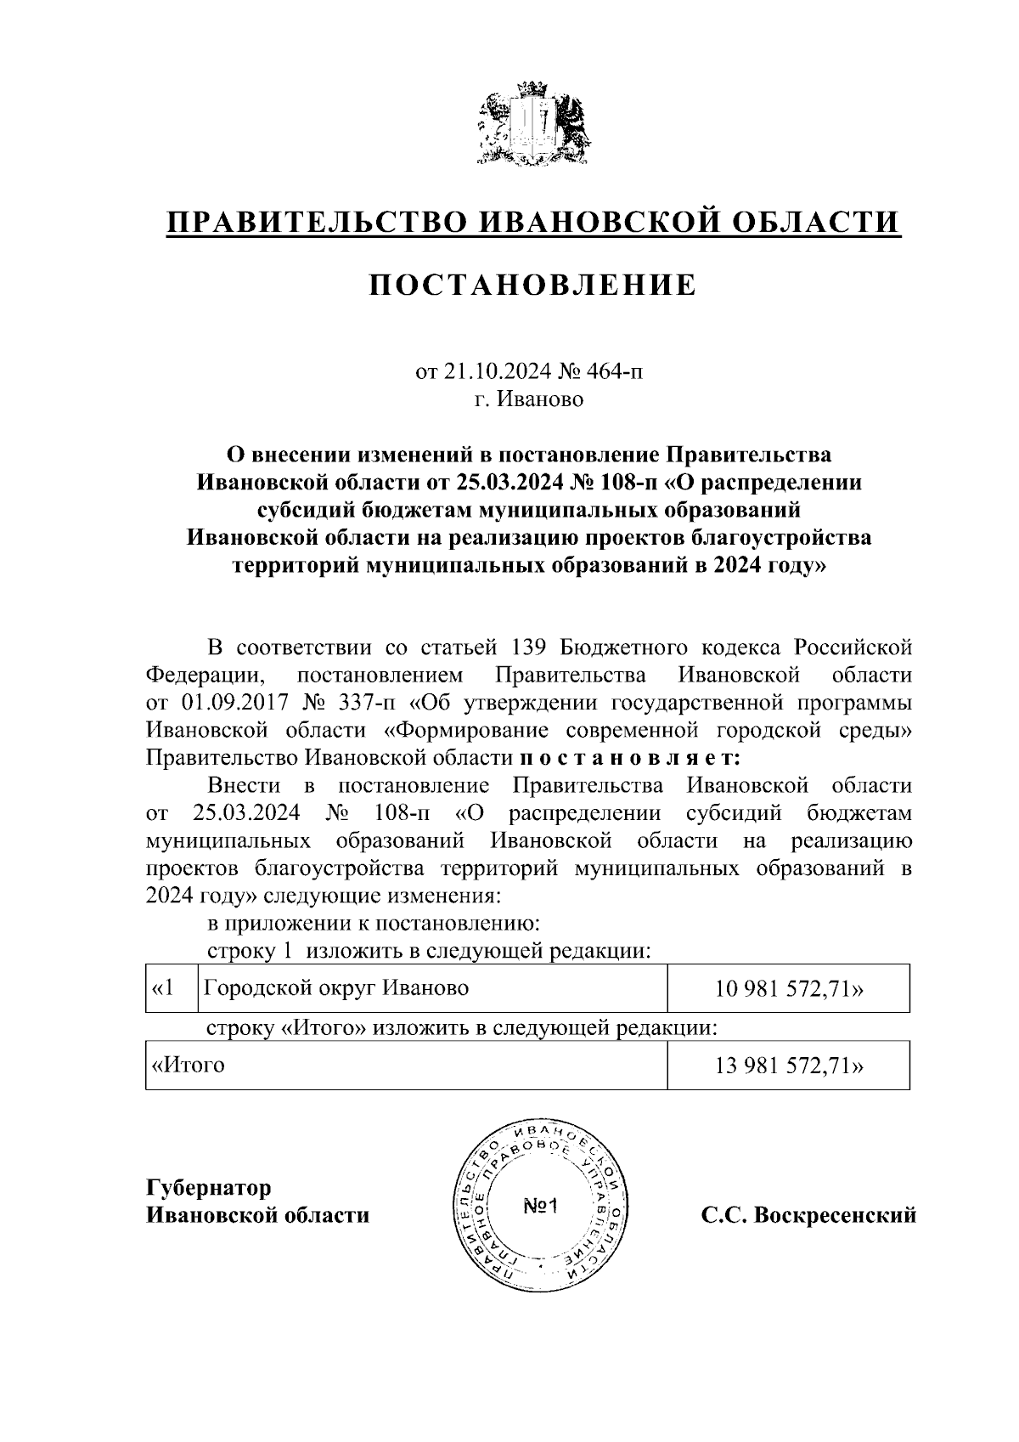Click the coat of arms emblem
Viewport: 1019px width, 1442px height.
point(531,126)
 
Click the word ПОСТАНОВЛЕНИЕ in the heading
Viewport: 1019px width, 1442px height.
point(532,286)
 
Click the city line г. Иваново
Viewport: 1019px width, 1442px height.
point(529,399)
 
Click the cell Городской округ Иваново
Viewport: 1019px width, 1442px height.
point(336,988)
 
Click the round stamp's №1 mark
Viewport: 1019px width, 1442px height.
point(539,1207)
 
